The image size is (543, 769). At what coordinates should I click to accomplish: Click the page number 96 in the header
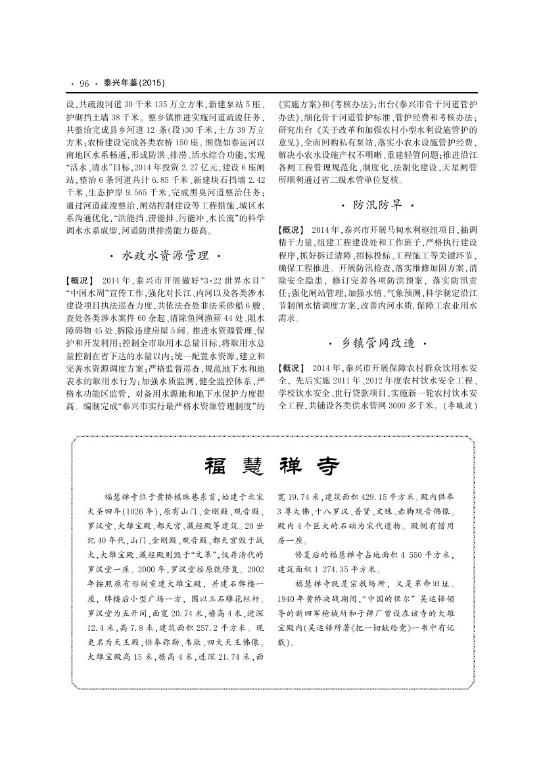83,84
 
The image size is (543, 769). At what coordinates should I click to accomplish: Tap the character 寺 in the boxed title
327,468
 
